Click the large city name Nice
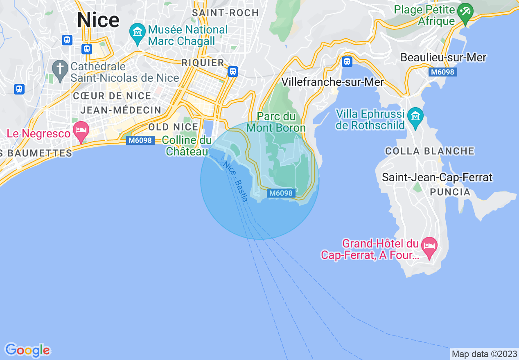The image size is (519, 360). point(98,20)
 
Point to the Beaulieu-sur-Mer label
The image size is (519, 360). point(443,58)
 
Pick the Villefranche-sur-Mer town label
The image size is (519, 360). point(333,82)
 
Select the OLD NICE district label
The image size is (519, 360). point(173,127)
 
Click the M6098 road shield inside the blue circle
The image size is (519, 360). point(282,193)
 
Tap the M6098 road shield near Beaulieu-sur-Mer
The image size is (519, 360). point(443,72)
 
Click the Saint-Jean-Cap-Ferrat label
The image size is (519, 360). point(437,178)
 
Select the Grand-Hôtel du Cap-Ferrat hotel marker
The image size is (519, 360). point(429,246)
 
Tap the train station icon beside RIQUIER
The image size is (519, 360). point(233,72)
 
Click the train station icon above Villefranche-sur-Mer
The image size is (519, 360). point(347,62)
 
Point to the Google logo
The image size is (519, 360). point(27,350)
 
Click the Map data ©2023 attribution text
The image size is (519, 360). point(484,354)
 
